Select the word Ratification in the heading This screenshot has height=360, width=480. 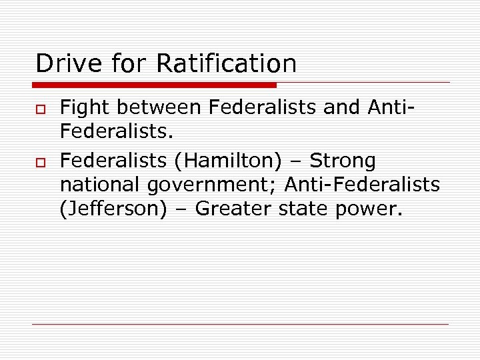tap(226, 64)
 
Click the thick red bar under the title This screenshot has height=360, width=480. tap(154, 85)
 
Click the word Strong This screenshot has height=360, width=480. tap(343, 161)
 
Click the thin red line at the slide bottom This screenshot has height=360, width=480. tap(240, 325)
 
